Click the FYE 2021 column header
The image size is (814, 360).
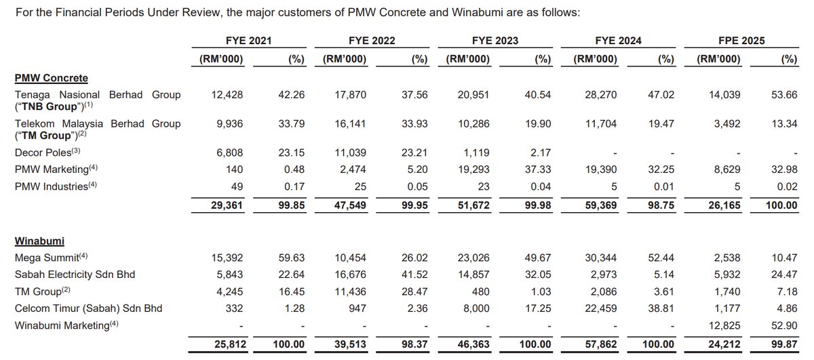(249, 41)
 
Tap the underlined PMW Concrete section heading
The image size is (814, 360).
(52, 78)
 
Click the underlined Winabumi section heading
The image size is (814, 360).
(39, 241)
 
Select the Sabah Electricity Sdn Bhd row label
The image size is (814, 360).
(75, 274)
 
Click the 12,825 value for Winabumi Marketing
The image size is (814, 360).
(723, 326)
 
